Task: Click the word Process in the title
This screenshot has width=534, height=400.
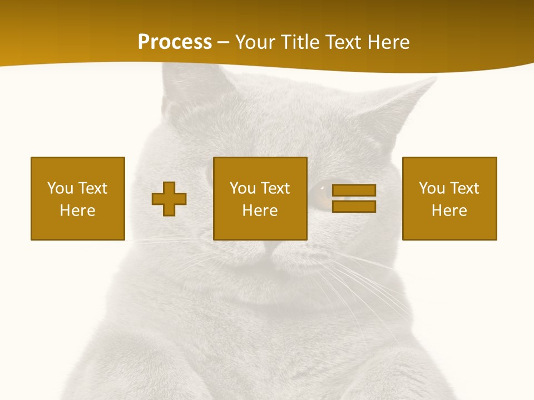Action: (175, 42)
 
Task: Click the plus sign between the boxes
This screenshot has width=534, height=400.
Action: (169, 199)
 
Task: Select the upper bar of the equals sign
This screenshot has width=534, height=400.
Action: (354, 191)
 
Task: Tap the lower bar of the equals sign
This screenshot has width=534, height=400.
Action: (354, 207)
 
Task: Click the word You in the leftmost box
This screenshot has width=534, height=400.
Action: (61, 188)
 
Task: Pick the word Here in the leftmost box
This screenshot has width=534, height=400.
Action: (78, 211)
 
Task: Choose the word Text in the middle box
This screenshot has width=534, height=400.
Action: (275, 188)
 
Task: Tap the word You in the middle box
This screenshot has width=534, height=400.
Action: (243, 188)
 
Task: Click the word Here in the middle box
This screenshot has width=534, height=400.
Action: (260, 211)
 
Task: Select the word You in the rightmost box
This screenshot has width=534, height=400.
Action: (432, 188)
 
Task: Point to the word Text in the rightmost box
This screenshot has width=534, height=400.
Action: (464, 188)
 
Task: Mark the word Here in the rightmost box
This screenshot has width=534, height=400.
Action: (449, 211)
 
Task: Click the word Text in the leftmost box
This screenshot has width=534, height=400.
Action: (92, 188)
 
